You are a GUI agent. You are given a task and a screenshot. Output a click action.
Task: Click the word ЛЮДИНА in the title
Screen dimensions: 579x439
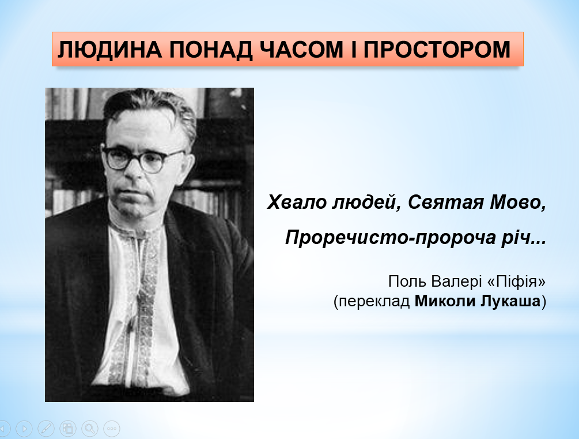110,50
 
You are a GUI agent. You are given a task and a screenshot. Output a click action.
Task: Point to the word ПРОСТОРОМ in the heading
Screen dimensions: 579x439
437,50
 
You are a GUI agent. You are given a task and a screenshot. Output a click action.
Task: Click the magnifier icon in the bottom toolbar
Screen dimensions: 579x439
90,429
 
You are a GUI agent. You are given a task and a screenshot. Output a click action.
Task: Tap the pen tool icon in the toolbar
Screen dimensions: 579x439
46,429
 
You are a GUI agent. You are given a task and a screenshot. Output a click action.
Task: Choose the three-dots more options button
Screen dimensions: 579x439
112,429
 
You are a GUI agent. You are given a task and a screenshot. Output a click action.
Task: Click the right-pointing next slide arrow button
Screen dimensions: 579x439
24,429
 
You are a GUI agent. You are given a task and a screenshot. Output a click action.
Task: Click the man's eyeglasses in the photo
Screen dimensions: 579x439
142,160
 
